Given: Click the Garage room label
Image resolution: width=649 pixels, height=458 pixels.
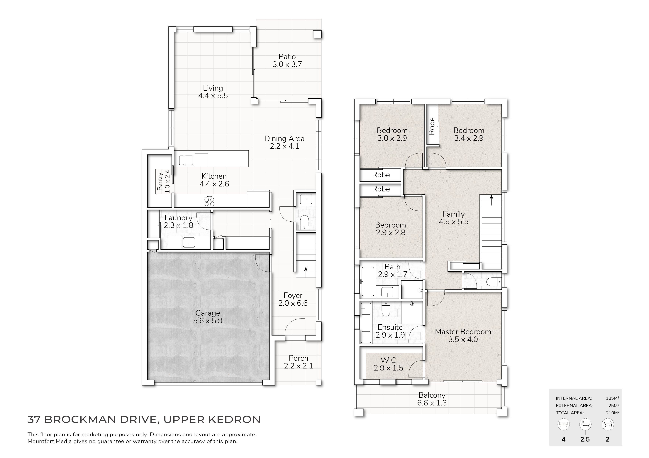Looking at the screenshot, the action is (x=208, y=317).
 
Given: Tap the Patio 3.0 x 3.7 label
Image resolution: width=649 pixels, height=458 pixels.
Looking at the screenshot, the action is (x=287, y=60).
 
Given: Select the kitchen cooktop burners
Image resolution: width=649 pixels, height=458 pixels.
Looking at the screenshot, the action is (x=209, y=201).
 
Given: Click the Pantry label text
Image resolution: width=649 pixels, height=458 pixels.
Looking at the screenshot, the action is (x=159, y=181).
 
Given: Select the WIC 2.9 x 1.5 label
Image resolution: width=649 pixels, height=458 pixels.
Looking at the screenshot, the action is (x=388, y=364).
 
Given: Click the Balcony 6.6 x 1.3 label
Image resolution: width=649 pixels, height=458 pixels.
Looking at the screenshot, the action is (x=432, y=399).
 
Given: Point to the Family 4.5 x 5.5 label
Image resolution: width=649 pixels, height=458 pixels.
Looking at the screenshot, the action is (x=454, y=218).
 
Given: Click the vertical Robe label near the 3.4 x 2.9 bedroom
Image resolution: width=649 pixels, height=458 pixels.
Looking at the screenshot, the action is (x=432, y=126).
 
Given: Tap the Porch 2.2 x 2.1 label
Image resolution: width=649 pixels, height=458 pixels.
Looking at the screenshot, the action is (x=299, y=362).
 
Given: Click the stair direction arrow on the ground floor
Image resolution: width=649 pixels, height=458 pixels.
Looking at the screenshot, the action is (x=305, y=273).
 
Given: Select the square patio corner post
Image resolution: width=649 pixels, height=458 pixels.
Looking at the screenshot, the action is (x=317, y=34).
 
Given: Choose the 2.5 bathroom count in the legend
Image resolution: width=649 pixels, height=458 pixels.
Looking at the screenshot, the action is (x=585, y=439).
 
